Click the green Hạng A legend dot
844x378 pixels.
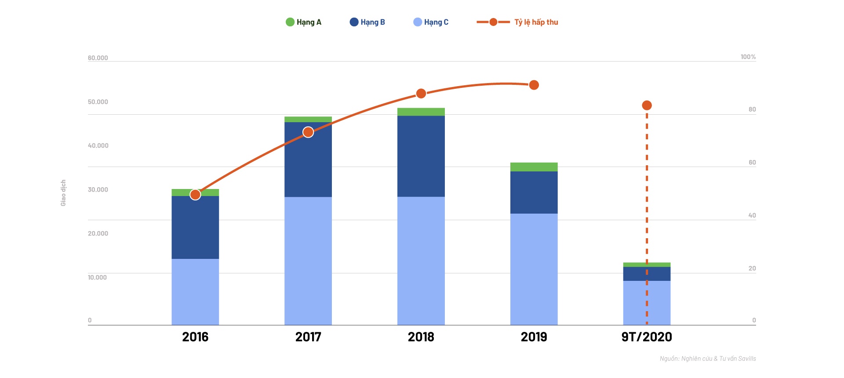coord(290,22)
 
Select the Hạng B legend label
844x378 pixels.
coord(372,22)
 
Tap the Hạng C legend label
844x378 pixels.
coord(436,22)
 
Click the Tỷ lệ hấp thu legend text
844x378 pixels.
coord(536,22)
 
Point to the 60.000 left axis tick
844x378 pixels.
coord(98,58)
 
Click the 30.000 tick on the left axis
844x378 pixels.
coord(98,189)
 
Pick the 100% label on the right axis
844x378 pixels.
coord(748,57)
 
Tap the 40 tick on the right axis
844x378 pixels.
coord(752,215)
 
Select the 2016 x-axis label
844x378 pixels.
coord(195,337)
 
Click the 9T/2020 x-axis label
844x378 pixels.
coord(646,337)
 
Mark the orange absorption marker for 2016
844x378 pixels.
coord(195,194)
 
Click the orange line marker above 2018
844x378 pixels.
coord(421,93)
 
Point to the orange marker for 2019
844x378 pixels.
coord(534,85)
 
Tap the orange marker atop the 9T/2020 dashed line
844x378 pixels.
coord(647,105)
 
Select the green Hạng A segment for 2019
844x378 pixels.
coord(534,167)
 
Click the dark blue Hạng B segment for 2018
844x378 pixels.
coord(421,156)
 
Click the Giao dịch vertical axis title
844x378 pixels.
coord(63,193)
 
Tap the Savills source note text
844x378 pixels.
coord(707,359)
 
